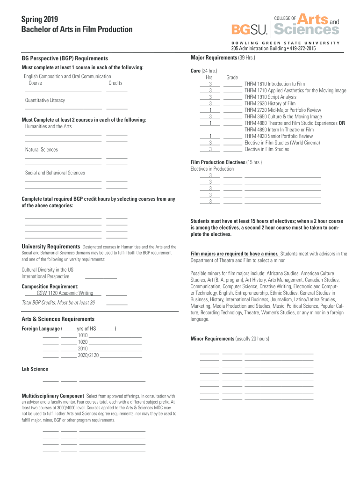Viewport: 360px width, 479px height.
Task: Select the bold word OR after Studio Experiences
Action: tap(342, 123)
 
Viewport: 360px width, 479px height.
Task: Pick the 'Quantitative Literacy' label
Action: tap(45, 100)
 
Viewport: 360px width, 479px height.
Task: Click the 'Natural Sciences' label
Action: tap(42, 150)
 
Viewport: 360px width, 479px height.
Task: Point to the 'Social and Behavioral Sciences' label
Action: tap(55, 173)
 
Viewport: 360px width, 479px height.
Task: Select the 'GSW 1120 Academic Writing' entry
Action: tap(65, 293)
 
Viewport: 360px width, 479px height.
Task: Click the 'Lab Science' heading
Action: tap(35, 369)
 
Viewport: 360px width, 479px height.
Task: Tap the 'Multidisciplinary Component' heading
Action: tap(53, 396)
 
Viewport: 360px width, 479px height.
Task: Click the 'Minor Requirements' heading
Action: tap(212, 338)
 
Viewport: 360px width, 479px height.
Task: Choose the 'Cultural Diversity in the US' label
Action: tap(48, 269)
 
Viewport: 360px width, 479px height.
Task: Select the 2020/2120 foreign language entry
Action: tap(88, 356)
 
